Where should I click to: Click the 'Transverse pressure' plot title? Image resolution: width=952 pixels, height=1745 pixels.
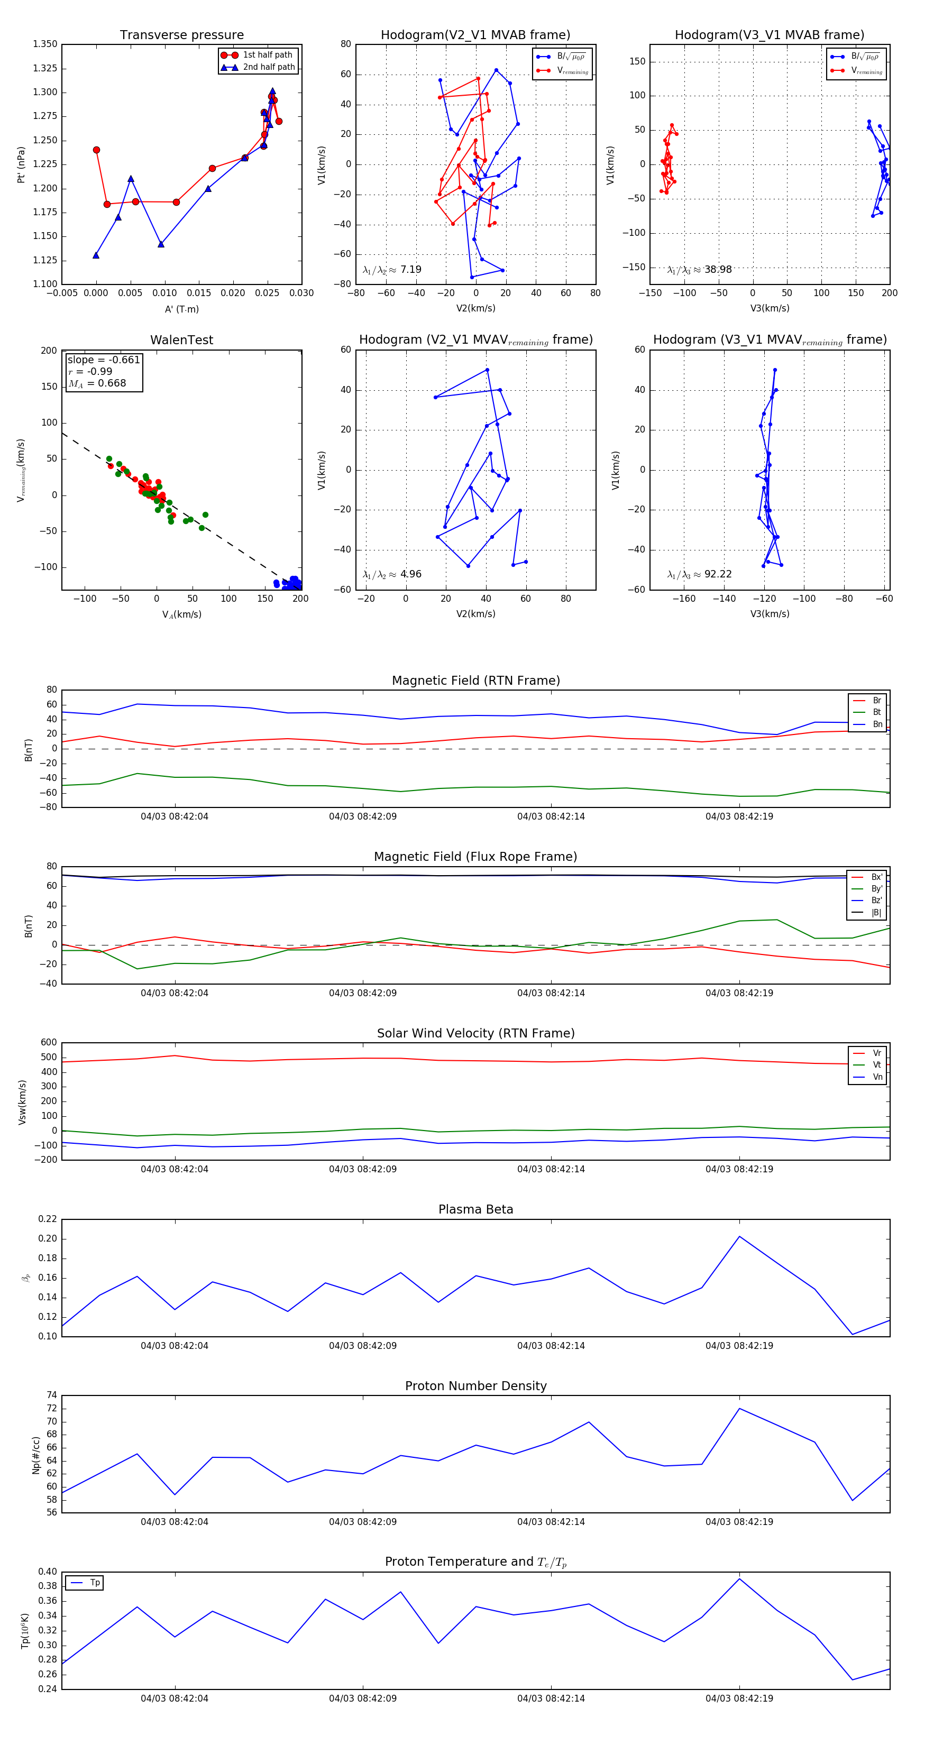click(x=181, y=35)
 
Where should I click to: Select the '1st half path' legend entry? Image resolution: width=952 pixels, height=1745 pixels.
click(x=267, y=55)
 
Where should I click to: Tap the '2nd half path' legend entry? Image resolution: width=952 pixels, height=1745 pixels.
click(x=268, y=67)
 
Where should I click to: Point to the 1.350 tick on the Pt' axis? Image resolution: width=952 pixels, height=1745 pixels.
click(x=45, y=44)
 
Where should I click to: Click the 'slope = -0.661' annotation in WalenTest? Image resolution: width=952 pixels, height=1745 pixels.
click(x=103, y=360)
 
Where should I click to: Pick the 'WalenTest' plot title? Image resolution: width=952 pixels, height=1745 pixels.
click(x=181, y=340)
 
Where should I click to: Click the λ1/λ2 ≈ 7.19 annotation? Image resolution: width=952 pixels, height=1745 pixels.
click(x=391, y=270)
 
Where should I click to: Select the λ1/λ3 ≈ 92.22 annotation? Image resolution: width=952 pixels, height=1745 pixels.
click(x=699, y=574)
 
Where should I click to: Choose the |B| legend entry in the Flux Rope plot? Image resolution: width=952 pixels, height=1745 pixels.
click(x=875, y=913)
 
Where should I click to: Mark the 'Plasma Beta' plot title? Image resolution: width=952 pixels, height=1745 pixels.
click(x=475, y=1210)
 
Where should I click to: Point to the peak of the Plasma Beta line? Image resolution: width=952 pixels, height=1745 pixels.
click(x=739, y=1236)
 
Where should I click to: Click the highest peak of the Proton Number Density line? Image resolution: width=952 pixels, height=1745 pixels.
click(x=739, y=1408)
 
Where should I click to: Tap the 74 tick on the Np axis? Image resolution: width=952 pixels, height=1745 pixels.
click(x=51, y=1395)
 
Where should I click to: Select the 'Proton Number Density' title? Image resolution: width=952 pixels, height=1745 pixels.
click(x=475, y=1386)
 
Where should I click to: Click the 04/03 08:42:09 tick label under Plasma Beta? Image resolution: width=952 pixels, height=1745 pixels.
click(x=362, y=1345)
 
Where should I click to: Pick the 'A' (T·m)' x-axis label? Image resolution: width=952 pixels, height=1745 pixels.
click(x=181, y=309)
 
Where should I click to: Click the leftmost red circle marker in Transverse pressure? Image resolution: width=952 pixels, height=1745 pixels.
click(x=96, y=150)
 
